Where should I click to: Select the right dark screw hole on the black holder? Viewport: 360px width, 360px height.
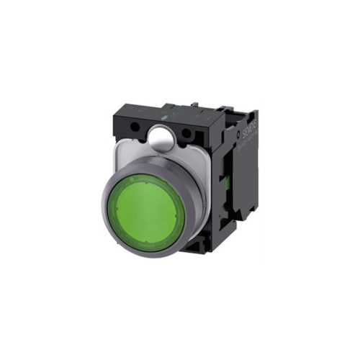tap(189, 134)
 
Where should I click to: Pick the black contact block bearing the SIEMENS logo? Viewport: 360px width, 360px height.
tap(238, 180)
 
